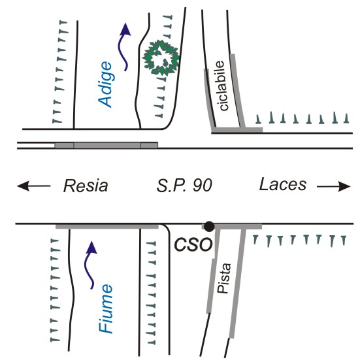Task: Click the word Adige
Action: click(x=105, y=84)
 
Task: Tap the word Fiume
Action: click(x=106, y=309)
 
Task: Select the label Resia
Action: click(x=86, y=186)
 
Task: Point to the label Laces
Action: click(x=283, y=184)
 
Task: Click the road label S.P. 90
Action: click(x=184, y=186)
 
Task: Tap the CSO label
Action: click(x=193, y=245)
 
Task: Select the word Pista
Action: click(x=224, y=278)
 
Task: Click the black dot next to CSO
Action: click(x=209, y=227)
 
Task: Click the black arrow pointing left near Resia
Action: click(x=34, y=186)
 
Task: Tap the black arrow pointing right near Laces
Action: click(x=334, y=186)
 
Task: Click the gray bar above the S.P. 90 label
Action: click(x=106, y=145)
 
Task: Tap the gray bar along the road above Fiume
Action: click(x=107, y=227)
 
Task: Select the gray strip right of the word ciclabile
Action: click(x=238, y=91)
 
